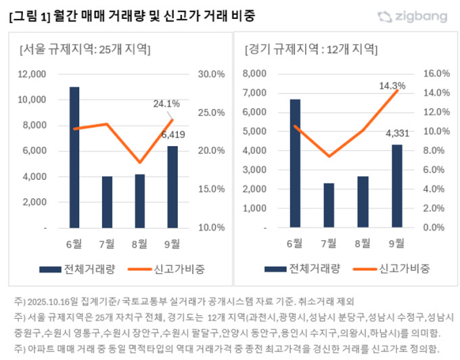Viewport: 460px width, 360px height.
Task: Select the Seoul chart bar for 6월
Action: (x=74, y=158)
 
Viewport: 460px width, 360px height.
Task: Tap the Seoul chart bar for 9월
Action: (x=172, y=187)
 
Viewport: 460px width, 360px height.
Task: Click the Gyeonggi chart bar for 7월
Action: (x=329, y=205)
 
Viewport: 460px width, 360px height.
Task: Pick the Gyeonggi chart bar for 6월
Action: (x=295, y=163)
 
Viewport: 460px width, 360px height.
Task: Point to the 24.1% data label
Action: (x=166, y=104)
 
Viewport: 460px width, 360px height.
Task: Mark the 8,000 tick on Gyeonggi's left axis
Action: (x=256, y=74)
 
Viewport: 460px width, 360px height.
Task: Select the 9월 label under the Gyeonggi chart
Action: (x=396, y=243)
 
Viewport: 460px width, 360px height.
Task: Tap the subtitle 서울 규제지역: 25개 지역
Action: (x=85, y=49)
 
